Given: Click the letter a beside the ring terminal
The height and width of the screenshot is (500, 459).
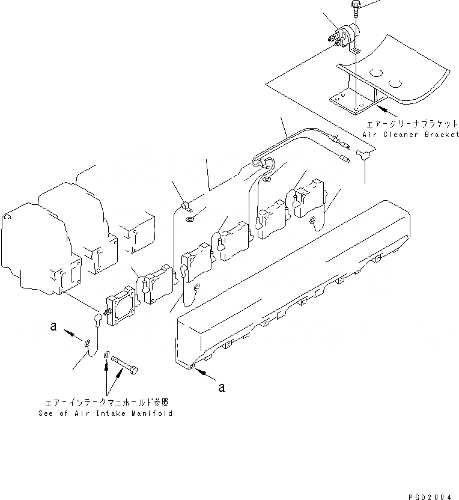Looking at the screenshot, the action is pyautogui.click(x=53, y=326).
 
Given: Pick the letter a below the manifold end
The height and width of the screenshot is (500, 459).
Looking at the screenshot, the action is pyautogui.click(x=222, y=388).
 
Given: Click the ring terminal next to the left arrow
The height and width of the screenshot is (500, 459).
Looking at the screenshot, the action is pyautogui.click(x=88, y=343).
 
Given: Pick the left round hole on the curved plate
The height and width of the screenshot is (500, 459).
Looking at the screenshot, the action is pyautogui.click(x=376, y=73).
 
